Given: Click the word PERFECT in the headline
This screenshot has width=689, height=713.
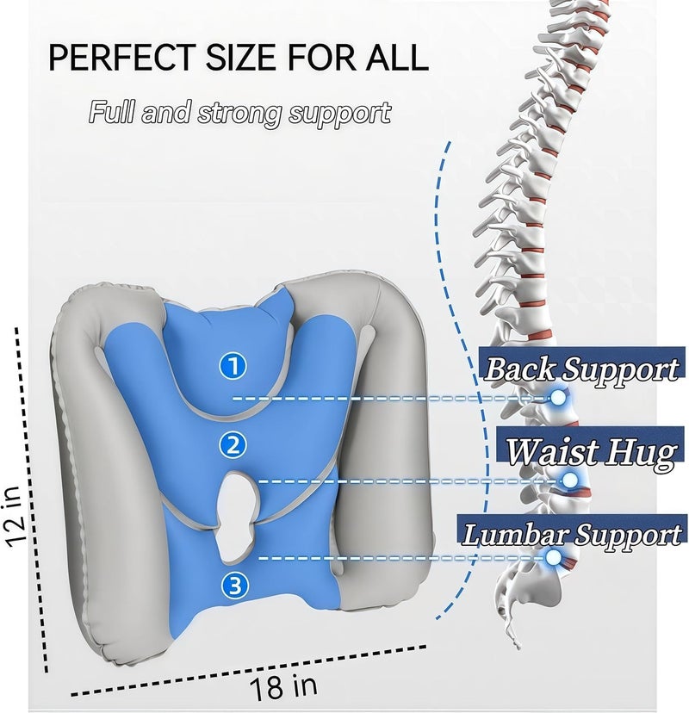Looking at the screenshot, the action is (122, 58).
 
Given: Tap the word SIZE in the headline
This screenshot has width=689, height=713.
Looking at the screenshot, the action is (240, 58).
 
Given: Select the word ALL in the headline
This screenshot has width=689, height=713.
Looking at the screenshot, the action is (396, 58).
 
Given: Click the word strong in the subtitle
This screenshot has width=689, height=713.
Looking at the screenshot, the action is (239, 113).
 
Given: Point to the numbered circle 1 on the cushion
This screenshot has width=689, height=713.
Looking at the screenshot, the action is (233, 366).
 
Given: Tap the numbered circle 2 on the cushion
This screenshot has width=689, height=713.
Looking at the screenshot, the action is (233, 444).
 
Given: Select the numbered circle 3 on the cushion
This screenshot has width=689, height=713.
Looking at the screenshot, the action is (234, 586).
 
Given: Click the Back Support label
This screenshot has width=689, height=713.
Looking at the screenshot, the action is (582, 369).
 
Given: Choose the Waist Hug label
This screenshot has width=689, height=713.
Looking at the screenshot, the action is (590, 451).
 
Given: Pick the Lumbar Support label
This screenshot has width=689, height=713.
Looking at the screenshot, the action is (572, 533).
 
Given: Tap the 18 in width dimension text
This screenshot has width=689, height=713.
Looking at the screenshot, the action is (282, 686).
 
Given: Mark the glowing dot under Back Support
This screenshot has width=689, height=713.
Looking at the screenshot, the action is (558, 398).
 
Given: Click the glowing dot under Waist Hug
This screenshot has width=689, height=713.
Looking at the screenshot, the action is (570, 480).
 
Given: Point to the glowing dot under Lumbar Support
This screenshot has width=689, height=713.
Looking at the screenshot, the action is (554, 557).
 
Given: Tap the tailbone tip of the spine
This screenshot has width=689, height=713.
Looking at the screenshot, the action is (518, 648).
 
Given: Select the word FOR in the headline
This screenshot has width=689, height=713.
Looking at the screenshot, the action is (320, 58).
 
